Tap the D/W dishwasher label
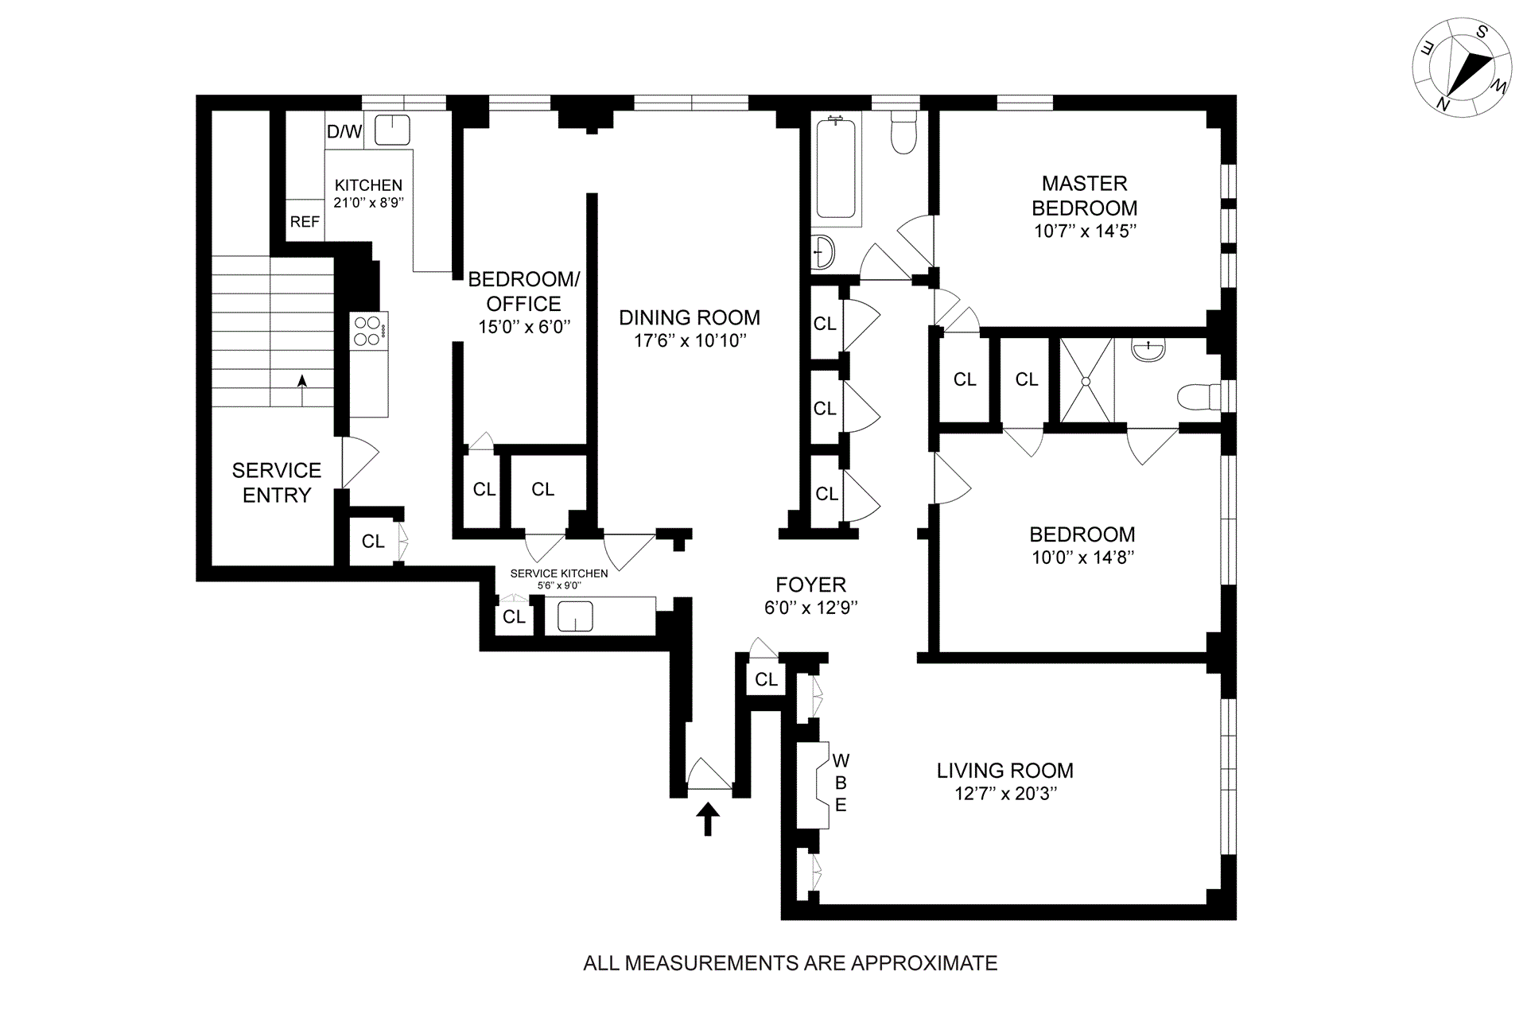[x=344, y=132]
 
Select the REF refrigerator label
[x=305, y=222]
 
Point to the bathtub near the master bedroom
[x=836, y=168]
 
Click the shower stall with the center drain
[x=1086, y=381]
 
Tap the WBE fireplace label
[x=841, y=783]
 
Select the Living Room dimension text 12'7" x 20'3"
[x=1005, y=794]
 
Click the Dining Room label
[x=690, y=318]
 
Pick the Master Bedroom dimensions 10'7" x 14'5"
[x=1085, y=231]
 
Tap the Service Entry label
[x=277, y=483]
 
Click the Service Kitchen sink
[x=575, y=616]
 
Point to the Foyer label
[x=810, y=585]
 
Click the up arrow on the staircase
[x=302, y=383]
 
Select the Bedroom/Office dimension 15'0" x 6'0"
[x=524, y=327]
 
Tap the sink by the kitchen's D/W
[x=392, y=130]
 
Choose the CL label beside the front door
[x=766, y=679]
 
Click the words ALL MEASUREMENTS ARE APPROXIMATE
[x=791, y=963]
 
